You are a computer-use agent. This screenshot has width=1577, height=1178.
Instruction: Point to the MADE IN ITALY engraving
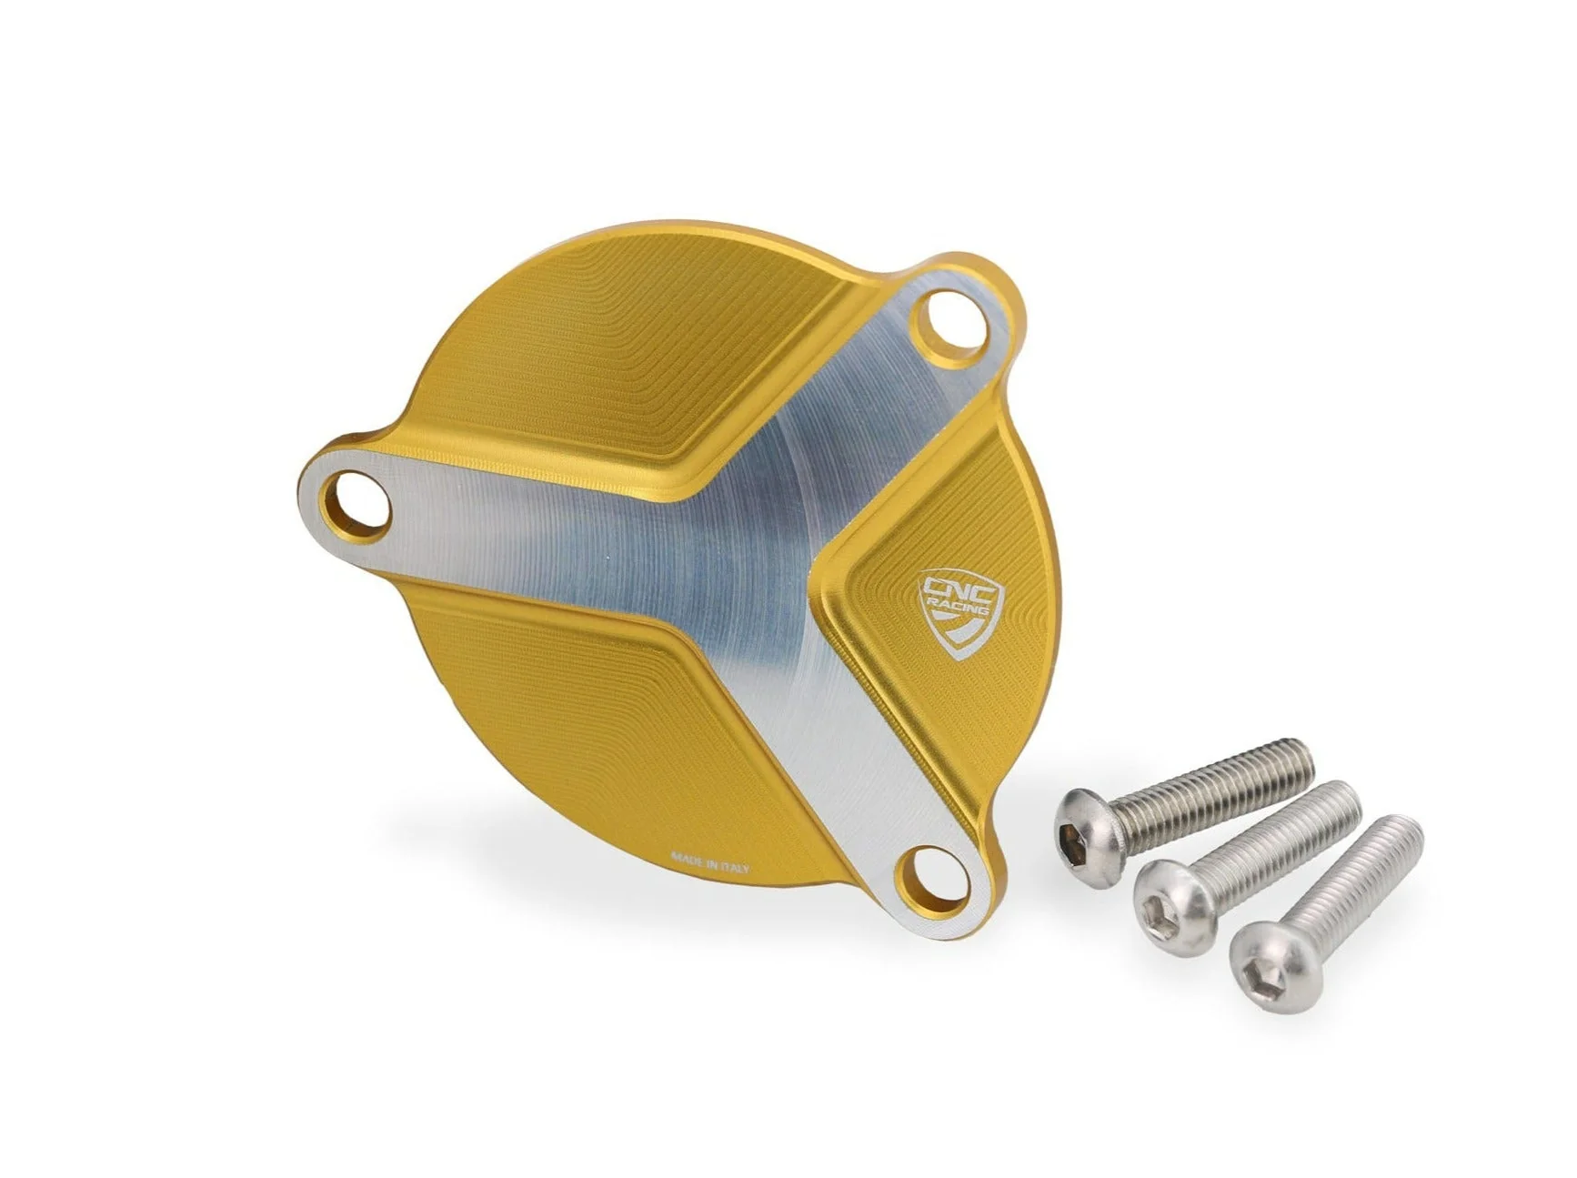(x=709, y=861)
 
